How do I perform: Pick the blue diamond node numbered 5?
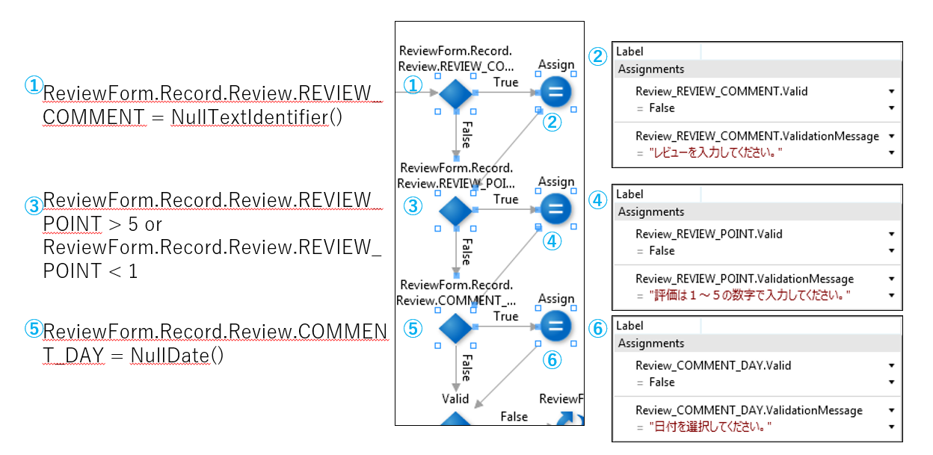(455, 327)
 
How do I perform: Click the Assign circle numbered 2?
(555, 93)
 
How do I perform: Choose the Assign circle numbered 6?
(555, 326)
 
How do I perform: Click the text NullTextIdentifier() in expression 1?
(256, 117)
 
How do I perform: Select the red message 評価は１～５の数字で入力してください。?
(750, 295)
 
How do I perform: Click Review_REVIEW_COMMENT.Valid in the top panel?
(721, 91)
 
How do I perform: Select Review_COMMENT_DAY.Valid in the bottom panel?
(713, 365)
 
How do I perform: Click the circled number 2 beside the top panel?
(597, 57)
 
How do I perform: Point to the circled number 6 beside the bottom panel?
(597, 329)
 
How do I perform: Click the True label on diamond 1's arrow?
(505, 82)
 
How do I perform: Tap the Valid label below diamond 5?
(455, 398)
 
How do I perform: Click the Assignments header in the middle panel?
(651, 211)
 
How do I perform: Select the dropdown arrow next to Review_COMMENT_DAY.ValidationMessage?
(892, 410)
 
